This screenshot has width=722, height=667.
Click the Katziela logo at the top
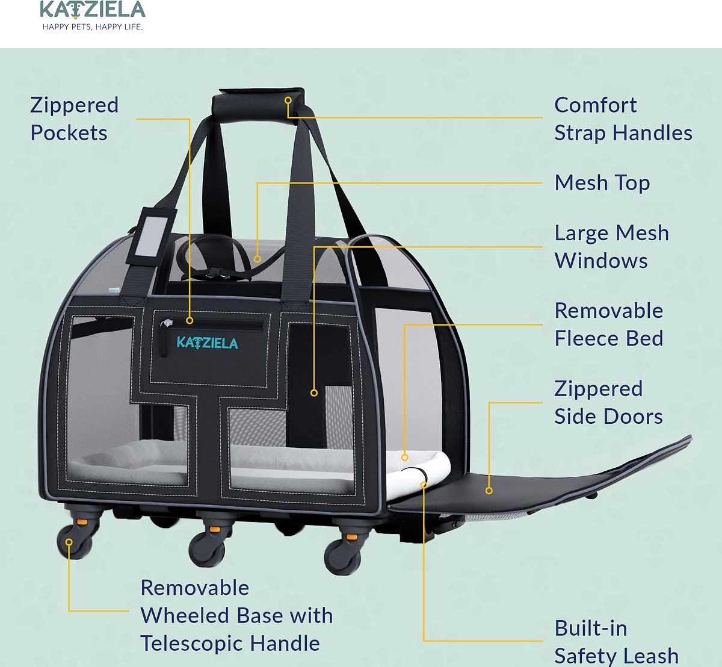click(x=93, y=10)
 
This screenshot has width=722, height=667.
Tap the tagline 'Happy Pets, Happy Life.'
click(x=93, y=27)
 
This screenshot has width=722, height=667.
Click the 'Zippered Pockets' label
click(x=75, y=119)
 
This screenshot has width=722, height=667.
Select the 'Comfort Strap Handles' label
click(x=623, y=119)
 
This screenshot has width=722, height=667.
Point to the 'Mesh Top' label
click(x=602, y=182)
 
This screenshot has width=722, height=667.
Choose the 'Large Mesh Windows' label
click(x=611, y=247)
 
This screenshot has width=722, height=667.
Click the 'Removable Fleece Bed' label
click(x=609, y=324)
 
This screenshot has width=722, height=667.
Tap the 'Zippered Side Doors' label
click(x=608, y=403)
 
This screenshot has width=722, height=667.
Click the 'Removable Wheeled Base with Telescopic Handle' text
click(x=236, y=615)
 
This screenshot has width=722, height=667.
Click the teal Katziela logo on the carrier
click(x=207, y=343)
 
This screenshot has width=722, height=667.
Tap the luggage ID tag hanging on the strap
click(x=152, y=236)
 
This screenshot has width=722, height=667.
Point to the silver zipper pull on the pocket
click(x=167, y=323)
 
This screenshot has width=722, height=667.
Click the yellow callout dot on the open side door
click(x=489, y=491)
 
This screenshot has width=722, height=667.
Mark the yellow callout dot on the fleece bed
click(x=405, y=458)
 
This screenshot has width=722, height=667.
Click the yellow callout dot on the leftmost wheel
click(x=69, y=542)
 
